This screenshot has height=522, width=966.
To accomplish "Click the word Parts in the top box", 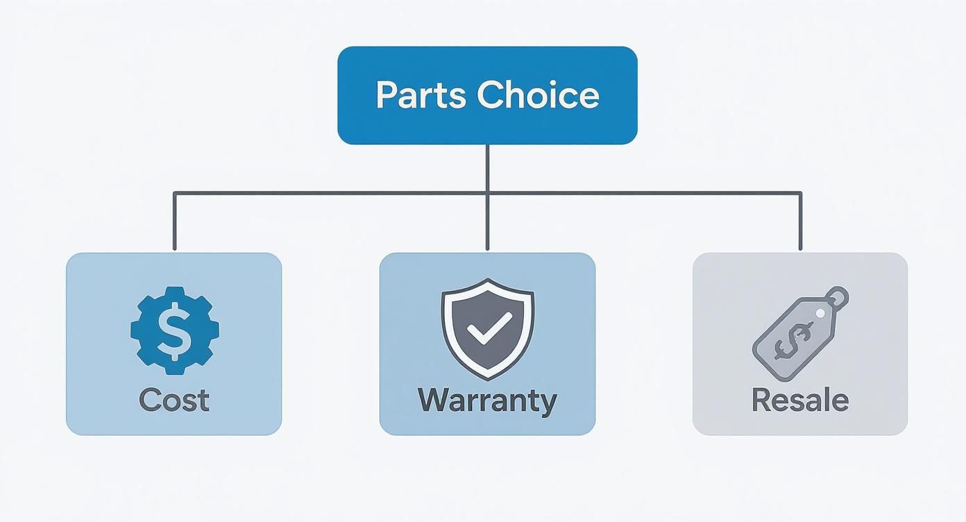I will [x=421, y=96].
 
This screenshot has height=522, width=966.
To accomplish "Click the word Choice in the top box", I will [x=538, y=95].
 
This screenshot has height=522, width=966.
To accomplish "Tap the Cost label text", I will [x=173, y=401].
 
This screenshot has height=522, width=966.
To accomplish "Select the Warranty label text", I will [x=487, y=401].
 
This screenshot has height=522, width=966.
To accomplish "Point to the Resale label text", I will [x=800, y=401].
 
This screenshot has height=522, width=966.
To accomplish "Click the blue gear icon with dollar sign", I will [x=174, y=330].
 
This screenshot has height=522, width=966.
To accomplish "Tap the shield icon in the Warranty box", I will [x=488, y=328].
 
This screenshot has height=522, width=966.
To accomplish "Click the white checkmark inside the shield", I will [x=489, y=328].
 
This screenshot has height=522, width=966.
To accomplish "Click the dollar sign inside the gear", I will [x=174, y=330].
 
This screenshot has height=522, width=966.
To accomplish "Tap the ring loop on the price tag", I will [x=838, y=296].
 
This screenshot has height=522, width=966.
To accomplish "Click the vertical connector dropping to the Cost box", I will [x=174, y=222].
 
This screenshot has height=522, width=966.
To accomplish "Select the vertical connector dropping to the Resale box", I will [x=800, y=222].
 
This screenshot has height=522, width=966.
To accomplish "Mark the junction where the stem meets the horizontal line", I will [x=487, y=193].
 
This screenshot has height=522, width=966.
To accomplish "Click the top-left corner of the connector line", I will [x=174, y=193].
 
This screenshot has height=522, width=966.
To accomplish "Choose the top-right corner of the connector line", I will [x=800, y=193].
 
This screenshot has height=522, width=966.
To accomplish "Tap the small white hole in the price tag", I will [x=820, y=314].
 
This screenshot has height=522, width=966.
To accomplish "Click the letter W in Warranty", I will [x=432, y=401].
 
